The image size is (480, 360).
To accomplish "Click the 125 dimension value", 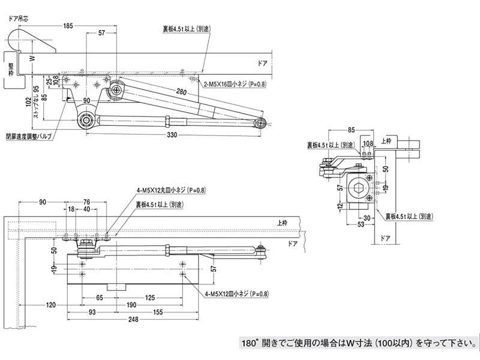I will pos(150,296).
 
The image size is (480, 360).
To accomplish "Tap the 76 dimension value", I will pos(86,202).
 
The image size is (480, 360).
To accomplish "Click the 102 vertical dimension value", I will pos(28,103).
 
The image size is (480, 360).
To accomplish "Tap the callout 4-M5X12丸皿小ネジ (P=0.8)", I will pos(170,190).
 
